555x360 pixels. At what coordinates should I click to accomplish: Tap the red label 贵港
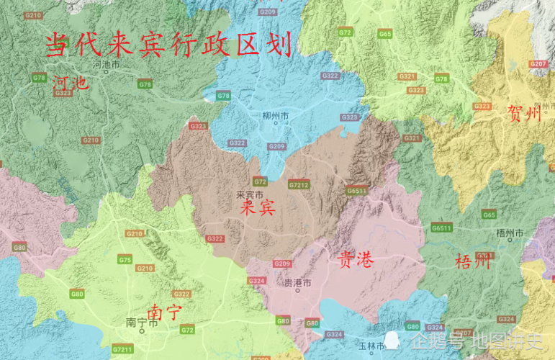pos(355,260)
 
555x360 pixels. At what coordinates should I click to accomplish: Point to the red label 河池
pos(70,84)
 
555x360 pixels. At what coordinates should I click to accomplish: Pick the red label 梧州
pos(473,260)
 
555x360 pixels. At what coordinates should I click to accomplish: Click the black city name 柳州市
pos(276,115)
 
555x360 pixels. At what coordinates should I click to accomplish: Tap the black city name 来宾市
pos(250,194)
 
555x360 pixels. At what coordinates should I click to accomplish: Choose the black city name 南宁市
pos(141,323)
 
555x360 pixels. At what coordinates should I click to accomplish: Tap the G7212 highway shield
pos(297,184)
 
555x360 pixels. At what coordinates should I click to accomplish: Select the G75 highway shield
pos(125,259)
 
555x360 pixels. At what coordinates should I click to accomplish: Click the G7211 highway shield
pos(122,350)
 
